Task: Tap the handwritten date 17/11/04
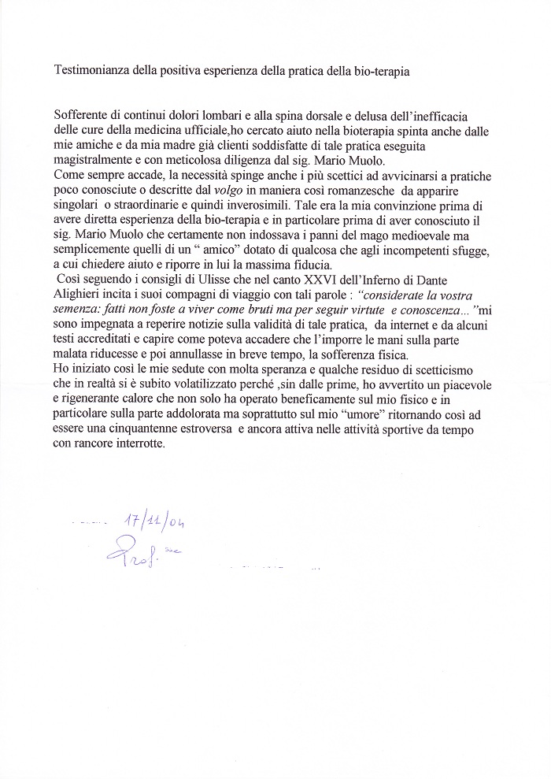157,521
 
